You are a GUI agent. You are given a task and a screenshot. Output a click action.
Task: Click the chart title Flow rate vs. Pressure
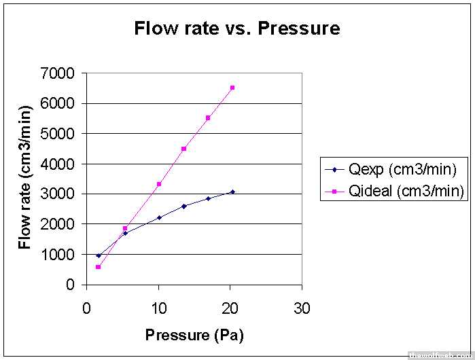pyautogui.click(x=237, y=29)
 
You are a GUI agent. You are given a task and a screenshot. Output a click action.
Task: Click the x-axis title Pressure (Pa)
pyautogui.click(x=194, y=335)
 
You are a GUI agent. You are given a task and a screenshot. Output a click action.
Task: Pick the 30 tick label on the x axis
pyautogui.click(x=302, y=308)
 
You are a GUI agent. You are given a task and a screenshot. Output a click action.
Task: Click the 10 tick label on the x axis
pyautogui.click(x=158, y=308)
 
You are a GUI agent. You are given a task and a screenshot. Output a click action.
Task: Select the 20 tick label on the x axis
pyautogui.click(x=230, y=308)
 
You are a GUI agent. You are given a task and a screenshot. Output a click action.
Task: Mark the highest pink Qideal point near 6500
pyautogui.click(x=232, y=88)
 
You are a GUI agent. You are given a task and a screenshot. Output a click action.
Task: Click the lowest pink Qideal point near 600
pyautogui.click(x=98, y=267)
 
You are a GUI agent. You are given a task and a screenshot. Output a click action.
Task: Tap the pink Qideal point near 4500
pyautogui.click(x=183, y=148)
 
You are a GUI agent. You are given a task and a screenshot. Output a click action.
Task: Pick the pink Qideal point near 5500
pyautogui.click(x=208, y=118)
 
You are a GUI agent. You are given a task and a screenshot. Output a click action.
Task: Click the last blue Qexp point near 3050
pyautogui.click(x=232, y=192)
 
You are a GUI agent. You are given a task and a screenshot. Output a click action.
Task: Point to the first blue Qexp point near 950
pyautogui.click(x=98, y=256)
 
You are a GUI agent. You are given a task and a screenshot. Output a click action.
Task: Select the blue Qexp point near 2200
pyautogui.click(x=159, y=217)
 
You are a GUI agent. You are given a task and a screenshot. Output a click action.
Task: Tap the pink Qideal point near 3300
pyautogui.click(x=159, y=184)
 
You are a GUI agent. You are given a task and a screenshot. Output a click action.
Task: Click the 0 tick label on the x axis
pyautogui.click(x=86, y=308)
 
